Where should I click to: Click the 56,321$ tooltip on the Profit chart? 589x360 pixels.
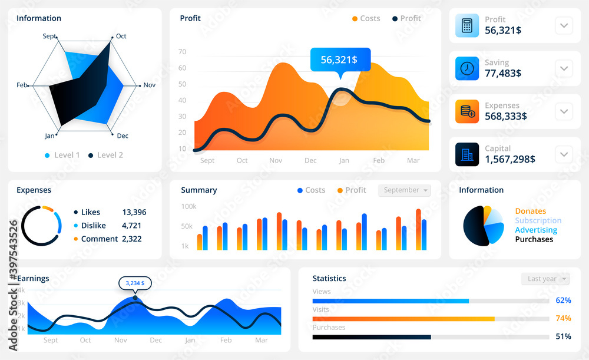[340, 60]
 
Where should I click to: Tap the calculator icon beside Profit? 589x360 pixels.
[467, 25]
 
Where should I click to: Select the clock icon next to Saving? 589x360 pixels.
[467, 68]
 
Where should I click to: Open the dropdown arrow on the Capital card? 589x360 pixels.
[564, 154]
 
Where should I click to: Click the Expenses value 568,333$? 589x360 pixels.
[505, 116]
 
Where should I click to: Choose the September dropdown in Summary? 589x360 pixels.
[404, 190]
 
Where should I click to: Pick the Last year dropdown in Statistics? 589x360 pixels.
[545, 279]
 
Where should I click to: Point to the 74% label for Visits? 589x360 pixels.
[563, 318]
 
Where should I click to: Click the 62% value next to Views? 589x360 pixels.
[563, 300]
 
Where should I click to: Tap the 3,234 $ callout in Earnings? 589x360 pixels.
[135, 283]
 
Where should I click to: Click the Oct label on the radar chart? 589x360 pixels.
[121, 37]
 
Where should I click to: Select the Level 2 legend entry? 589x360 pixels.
[110, 155]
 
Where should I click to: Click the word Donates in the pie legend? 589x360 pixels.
[530, 211]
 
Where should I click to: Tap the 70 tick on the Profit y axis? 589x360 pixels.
[182, 52]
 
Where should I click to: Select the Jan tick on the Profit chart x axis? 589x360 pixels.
[344, 160]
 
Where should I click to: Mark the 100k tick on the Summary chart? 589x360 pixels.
[188, 207]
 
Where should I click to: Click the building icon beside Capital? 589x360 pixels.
[467, 154]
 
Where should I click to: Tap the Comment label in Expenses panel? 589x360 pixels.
[100, 239]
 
